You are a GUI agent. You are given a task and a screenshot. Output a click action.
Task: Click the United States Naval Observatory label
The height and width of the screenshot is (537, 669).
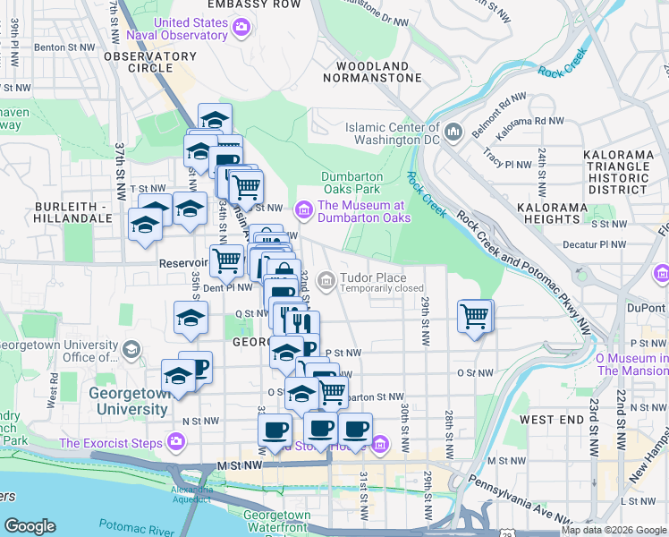(x=191, y=29)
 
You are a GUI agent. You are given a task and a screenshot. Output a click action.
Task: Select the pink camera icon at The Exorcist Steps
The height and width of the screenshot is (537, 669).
(x=176, y=441)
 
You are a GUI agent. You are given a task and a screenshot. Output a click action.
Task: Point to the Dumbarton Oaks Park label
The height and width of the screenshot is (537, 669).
(x=352, y=183)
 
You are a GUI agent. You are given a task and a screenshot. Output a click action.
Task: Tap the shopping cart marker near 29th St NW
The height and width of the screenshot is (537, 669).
(x=474, y=315)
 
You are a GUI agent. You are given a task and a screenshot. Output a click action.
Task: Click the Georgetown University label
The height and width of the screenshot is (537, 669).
(x=127, y=401)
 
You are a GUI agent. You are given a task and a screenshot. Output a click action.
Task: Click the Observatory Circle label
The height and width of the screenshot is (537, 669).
(x=149, y=62)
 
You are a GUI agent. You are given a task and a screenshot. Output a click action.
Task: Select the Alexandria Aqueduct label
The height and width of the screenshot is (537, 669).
(x=194, y=495)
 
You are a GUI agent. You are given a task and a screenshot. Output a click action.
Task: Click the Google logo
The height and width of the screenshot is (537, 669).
(x=30, y=526)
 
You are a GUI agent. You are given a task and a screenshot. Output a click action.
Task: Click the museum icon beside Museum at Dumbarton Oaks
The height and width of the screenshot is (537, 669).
(x=304, y=210)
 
